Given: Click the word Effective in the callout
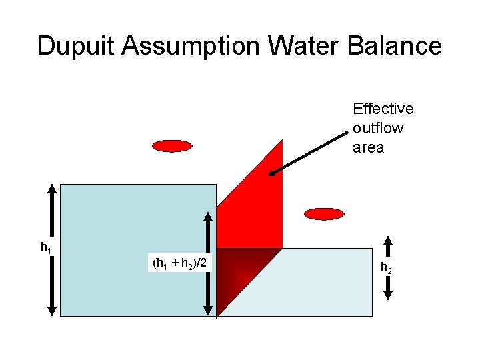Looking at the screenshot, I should (x=383, y=109).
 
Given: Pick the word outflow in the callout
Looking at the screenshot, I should (x=378, y=128).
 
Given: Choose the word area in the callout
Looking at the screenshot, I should (x=368, y=147).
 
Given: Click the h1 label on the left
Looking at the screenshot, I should (x=45, y=248).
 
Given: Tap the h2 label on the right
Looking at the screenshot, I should (x=386, y=268).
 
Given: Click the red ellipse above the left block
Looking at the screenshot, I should (x=172, y=146).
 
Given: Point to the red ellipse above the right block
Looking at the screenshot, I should (x=323, y=214).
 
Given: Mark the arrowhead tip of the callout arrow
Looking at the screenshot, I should (x=270, y=175).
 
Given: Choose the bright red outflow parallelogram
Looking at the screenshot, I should (x=257, y=200).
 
